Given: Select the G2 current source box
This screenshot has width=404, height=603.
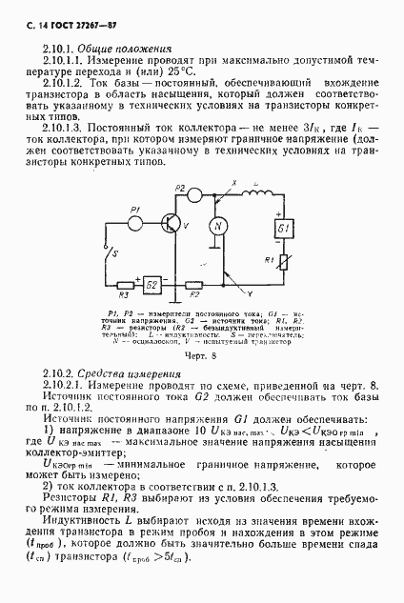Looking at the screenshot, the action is (152, 284).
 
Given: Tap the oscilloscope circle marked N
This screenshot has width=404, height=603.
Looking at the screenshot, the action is (216, 226).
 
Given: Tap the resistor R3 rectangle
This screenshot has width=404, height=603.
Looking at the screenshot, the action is (124, 284).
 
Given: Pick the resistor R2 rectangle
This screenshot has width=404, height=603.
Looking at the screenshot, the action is (193, 284).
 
